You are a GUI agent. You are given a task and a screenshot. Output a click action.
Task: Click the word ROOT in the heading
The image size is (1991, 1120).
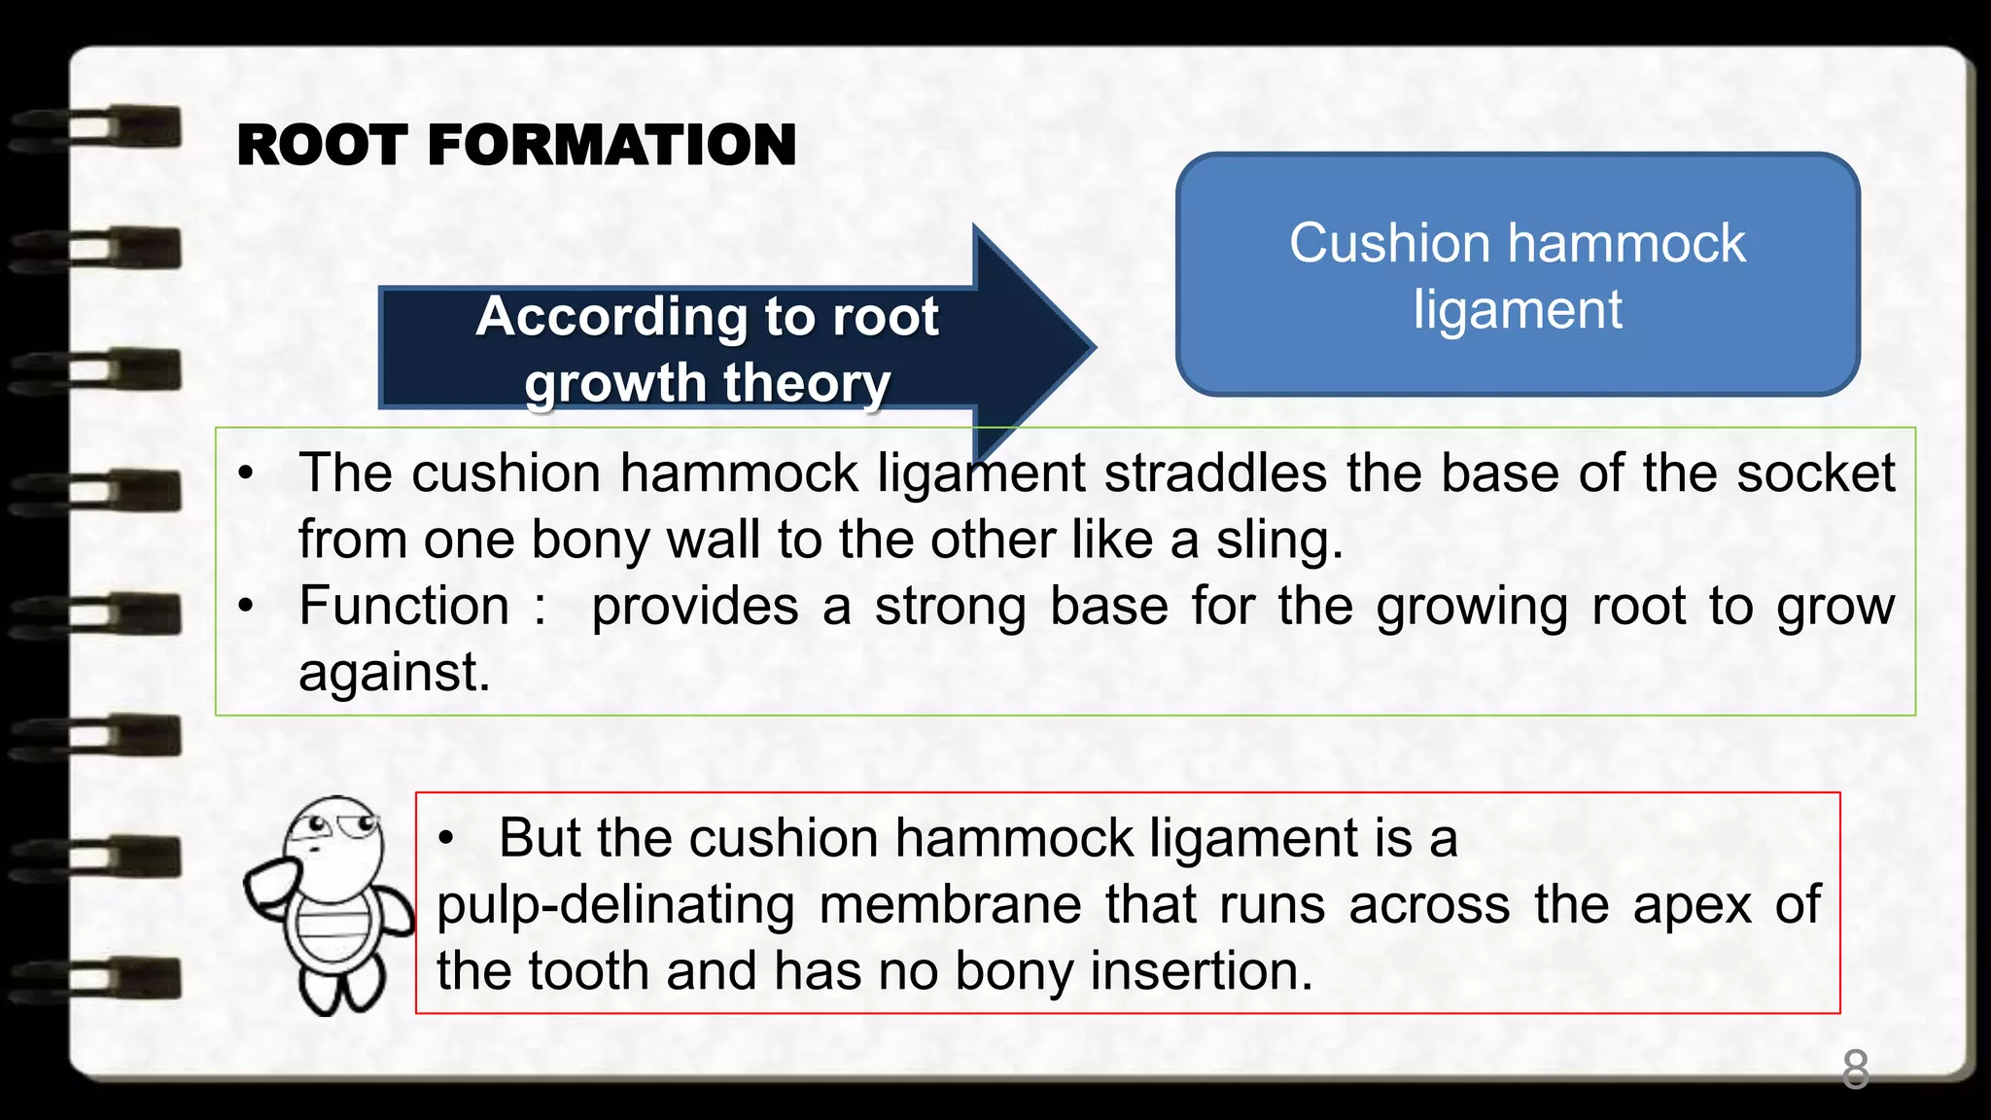322,146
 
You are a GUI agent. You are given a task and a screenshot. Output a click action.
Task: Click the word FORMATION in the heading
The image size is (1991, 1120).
611,146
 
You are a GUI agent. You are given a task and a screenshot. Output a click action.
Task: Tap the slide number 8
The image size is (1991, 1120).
1855,1069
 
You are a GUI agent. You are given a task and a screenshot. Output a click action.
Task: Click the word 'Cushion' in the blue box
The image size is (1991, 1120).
1388,243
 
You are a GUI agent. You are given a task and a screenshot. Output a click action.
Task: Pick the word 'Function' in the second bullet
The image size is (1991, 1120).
403,606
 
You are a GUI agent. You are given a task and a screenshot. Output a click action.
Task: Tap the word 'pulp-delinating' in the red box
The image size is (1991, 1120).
615,905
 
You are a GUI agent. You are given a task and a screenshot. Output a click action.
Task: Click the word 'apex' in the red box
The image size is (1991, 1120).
1692,905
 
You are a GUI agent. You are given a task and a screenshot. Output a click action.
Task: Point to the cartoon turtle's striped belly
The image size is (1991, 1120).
333,928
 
